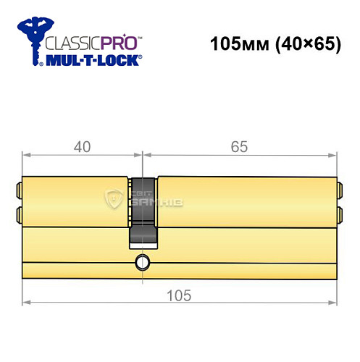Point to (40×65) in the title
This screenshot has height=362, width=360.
coord(305,44)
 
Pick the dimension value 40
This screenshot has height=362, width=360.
coord(83,146)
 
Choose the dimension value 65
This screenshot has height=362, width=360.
coord(240,146)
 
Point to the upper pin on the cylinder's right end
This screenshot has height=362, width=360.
coord(339,191)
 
